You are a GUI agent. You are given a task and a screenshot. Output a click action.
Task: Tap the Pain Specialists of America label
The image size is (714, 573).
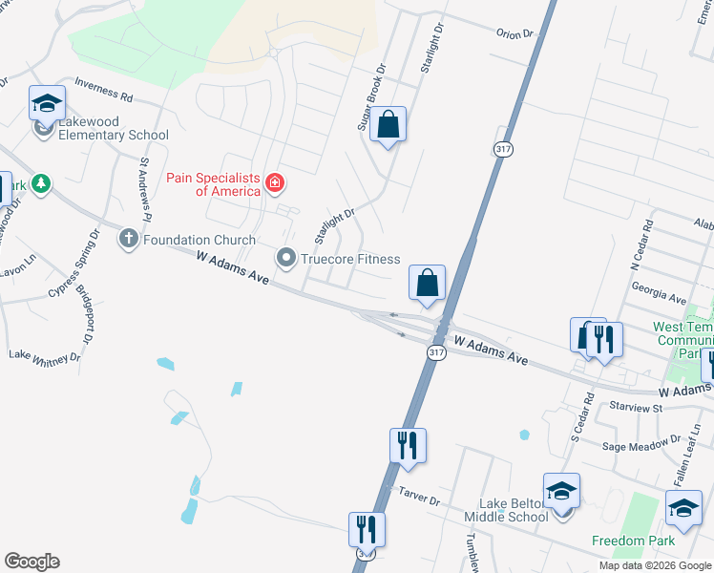click(x=214, y=184)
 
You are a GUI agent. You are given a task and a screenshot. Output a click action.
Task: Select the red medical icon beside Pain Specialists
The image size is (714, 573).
click(x=275, y=181)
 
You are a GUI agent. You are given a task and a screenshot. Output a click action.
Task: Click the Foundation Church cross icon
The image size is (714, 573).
click(x=129, y=239)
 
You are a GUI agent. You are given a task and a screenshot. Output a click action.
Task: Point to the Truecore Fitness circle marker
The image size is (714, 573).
click(x=285, y=257)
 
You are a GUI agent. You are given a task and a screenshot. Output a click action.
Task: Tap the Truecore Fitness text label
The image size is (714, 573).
click(x=350, y=257)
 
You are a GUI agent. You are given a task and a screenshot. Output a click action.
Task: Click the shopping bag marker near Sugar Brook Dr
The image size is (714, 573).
click(x=388, y=125)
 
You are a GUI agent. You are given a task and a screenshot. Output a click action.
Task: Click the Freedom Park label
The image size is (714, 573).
click(x=634, y=541)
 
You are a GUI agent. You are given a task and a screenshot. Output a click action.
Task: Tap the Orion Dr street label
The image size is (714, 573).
click(x=514, y=34)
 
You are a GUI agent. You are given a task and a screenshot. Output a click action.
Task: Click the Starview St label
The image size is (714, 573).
click(x=637, y=408)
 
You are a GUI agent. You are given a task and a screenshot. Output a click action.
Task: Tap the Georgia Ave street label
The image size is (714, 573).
click(x=664, y=299)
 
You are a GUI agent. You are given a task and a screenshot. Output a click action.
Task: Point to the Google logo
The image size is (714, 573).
click(x=31, y=562)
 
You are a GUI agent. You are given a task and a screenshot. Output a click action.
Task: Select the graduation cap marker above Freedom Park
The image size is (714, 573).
click(x=683, y=510)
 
